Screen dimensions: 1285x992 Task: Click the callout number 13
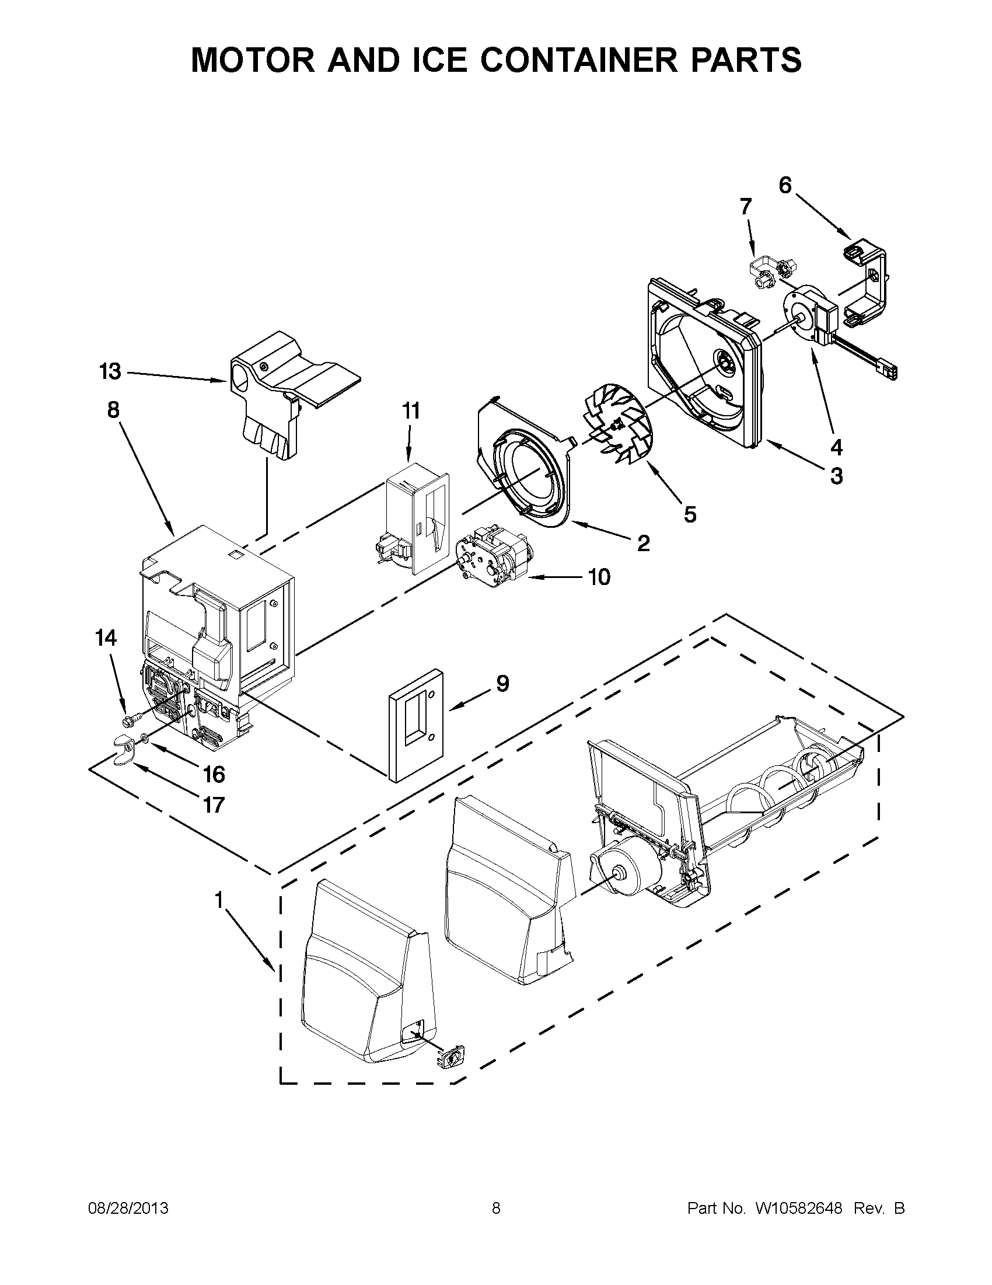coord(110,372)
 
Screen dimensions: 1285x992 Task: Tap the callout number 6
coord(785,185)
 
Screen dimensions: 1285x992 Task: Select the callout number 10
coord(599,577)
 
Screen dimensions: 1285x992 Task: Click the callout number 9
coord(502,683)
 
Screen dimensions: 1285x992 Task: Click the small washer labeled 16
coord(145,738)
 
